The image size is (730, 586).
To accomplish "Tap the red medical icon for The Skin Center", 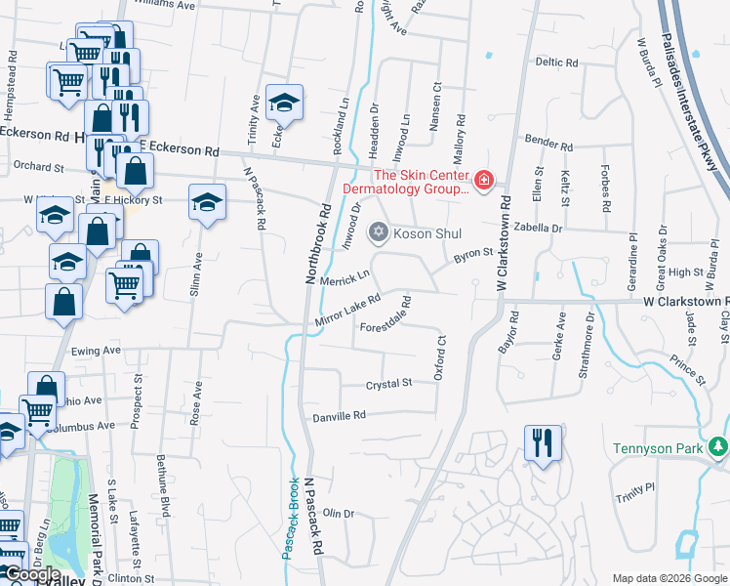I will (x=482, y=180).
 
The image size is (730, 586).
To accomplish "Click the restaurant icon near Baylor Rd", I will (x=543, y=441).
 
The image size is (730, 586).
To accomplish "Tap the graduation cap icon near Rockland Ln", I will (x=284, y=102).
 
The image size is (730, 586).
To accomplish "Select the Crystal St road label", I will (x=388, y=385).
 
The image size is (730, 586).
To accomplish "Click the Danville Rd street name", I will (x=339, y=416).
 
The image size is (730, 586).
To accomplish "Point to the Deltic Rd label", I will (x=556, y=62).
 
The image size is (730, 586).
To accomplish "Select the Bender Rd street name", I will (x=547, y=141).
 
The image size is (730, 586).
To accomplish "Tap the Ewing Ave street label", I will (x=96, y=349).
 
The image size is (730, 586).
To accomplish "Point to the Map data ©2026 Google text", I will (x=668, y=578).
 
